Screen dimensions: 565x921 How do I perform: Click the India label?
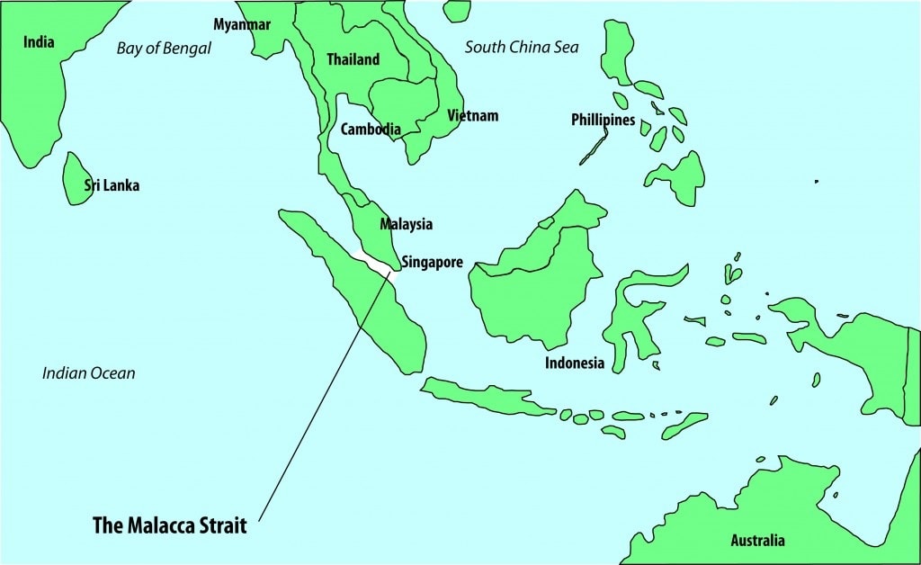[39, 42]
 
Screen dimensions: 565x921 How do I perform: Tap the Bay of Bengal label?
[164, 49]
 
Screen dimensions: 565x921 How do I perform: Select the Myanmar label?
[242, 24]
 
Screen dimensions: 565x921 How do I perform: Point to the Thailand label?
[353, 59]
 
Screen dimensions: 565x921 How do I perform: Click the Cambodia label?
[371, 130]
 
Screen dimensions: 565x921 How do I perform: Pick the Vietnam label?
[472, 116]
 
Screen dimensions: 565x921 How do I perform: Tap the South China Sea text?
[522, 47]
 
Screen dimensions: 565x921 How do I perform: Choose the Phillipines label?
[603, 120]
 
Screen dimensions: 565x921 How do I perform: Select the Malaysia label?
[406, 224]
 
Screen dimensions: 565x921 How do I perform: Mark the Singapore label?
[432, 264]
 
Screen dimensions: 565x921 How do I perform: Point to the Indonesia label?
[575, 363]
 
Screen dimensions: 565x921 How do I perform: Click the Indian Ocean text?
[89, 372]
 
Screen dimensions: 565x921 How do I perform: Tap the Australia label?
[756, 541]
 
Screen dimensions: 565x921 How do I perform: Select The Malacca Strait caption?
[170, 526]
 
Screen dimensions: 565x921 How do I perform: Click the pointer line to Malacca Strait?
[324, 396]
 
